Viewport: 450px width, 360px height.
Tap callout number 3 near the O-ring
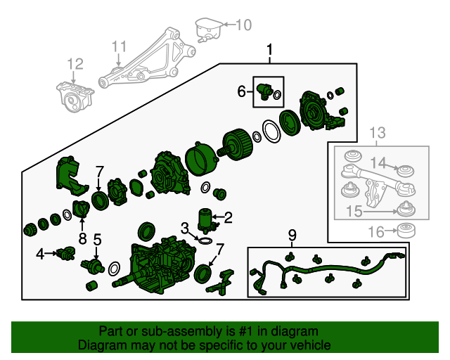184,228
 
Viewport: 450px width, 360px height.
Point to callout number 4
41,253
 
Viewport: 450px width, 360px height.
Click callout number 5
98,240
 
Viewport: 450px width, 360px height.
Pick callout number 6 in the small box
241,91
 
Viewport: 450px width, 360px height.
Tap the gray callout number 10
243,26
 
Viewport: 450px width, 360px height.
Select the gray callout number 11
120,47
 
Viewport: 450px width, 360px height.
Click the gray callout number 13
378,132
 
